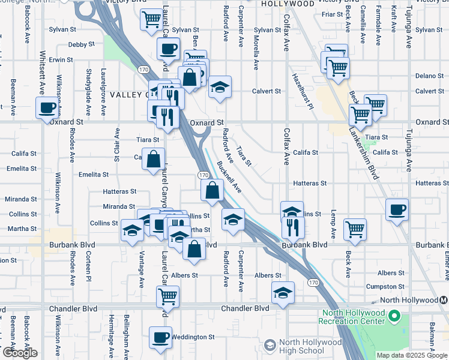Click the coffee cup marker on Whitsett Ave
(47, 109)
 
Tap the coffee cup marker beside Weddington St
(160, 338)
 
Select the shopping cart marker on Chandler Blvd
(167, 296)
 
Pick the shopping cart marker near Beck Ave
(355, 229)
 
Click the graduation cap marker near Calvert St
(220, 88)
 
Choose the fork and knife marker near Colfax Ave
(293, 227)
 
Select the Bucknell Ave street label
(229, 176)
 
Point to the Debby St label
(81, 44)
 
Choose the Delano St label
(429, 76)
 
